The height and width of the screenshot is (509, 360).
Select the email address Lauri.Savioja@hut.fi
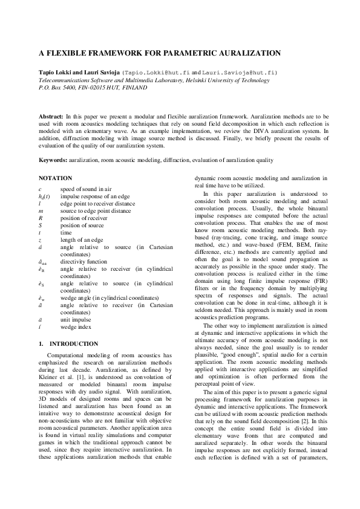click(x=243, y=72)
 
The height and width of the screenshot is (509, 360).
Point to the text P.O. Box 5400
click(x=59, y=87)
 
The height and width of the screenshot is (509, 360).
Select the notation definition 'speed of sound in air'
click(x=85, y=189)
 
